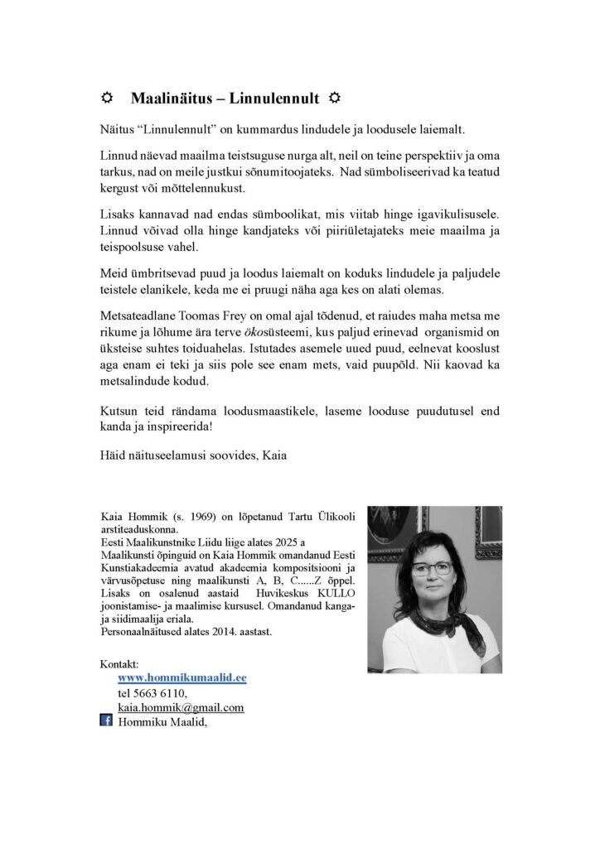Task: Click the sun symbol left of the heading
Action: point(106,99)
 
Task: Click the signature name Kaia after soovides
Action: point(270,455)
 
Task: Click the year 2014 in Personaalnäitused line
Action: point(226,630)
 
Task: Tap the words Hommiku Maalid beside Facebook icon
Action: point(162,722)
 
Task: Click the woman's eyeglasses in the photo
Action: point(432,569)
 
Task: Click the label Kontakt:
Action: point(119,664)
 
